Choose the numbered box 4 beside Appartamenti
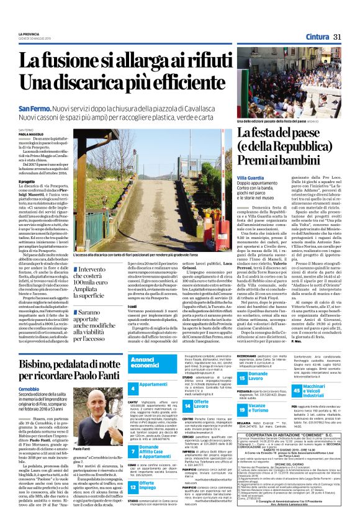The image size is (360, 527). click(133, 388)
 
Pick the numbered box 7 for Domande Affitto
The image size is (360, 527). click(133, 450)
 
